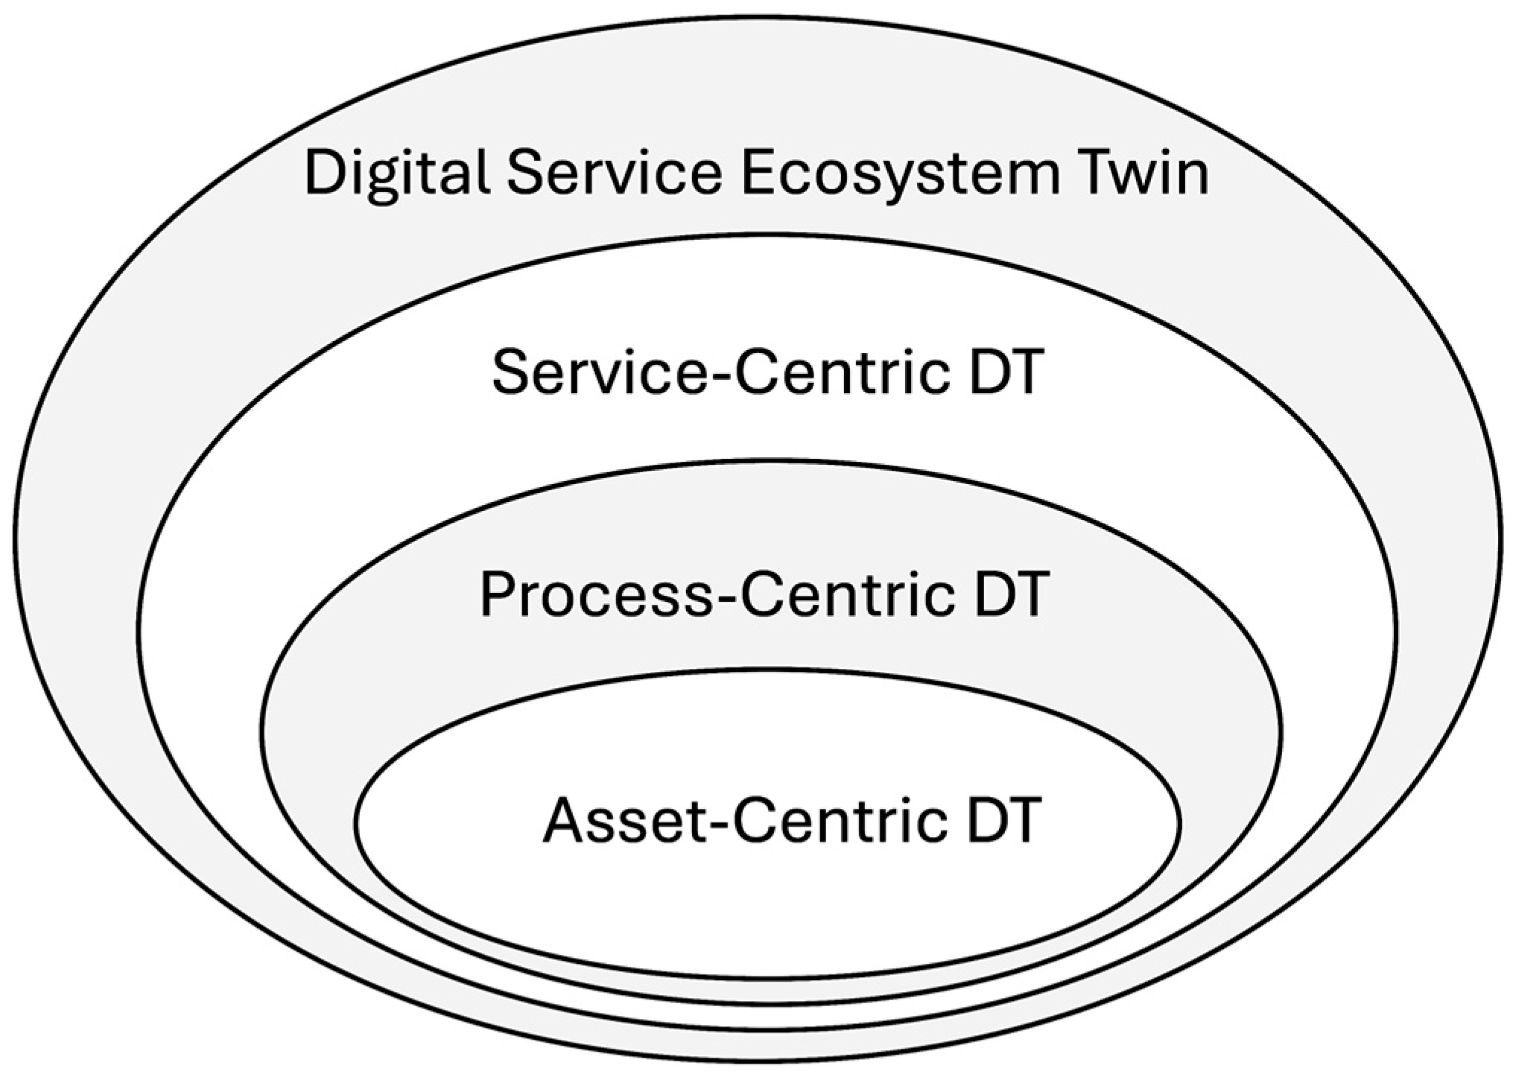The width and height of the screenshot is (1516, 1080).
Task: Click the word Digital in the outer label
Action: pos(397,174)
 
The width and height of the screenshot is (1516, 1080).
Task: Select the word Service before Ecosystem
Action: pos(615,173)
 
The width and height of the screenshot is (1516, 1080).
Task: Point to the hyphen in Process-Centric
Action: pos(727,600)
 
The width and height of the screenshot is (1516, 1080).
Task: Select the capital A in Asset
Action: pos(565,819)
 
